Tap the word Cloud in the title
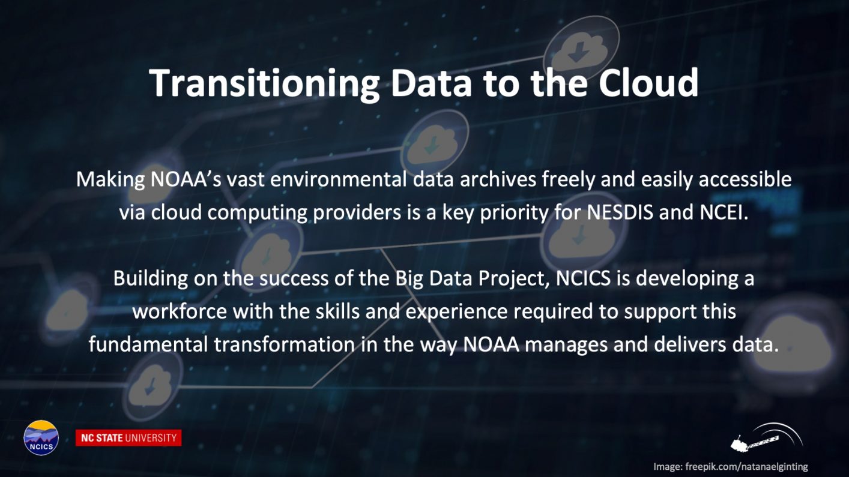648,83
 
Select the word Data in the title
431,83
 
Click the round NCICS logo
41,437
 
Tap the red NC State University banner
128,438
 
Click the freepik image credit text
730,466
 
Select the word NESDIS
620,212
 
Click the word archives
498,179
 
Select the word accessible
745,179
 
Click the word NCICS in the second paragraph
583,278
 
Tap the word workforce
180,312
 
